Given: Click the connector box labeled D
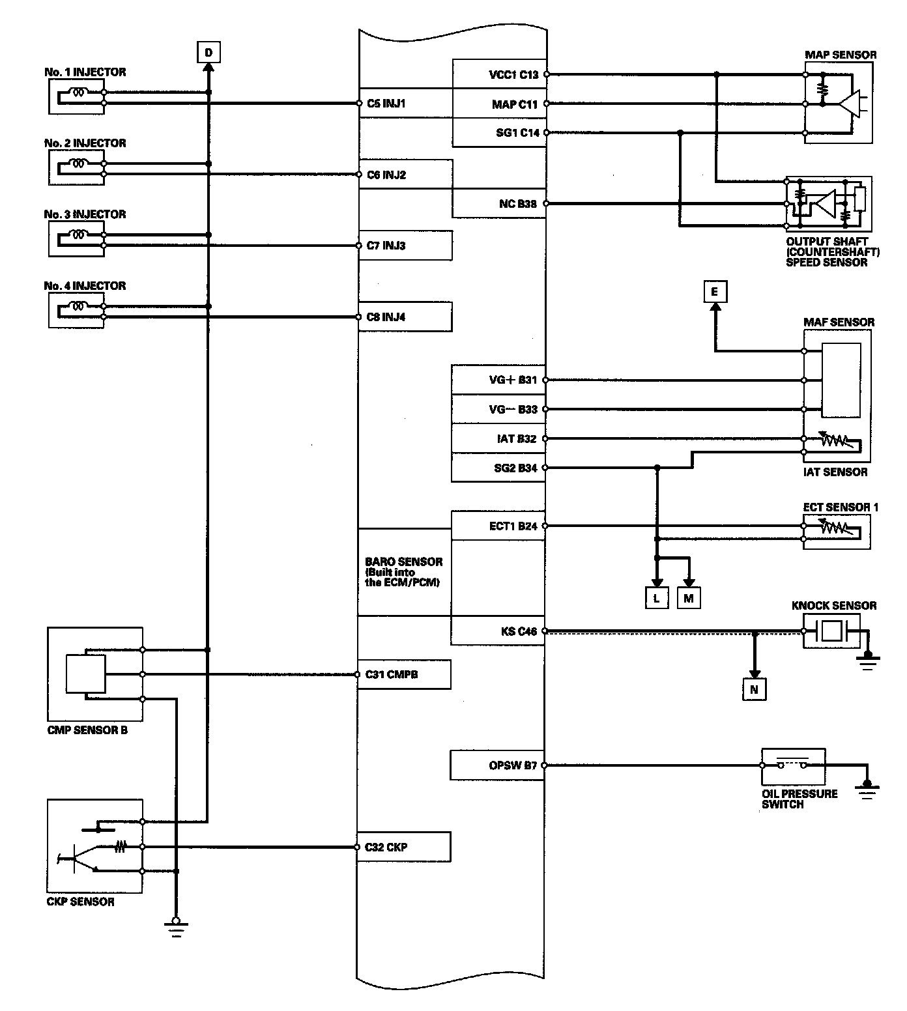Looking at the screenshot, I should [209, 51].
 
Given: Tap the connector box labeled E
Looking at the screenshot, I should [715, 292].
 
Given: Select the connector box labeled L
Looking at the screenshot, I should [657, 597].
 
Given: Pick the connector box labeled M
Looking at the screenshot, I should [689, 597].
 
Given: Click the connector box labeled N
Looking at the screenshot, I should [754, 689].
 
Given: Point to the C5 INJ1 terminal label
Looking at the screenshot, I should [386, 103].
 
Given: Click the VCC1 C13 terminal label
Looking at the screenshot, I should [513, 74].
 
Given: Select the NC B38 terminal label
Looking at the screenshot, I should [517, 204].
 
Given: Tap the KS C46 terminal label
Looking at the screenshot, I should [519, 631].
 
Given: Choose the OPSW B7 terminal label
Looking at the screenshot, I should [513, 765].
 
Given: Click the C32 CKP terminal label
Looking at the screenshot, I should [386, 847].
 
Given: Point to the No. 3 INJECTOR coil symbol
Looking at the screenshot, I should [79, 234].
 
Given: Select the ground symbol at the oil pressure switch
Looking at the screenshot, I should [867, 790].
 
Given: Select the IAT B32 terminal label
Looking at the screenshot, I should [516, 438].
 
